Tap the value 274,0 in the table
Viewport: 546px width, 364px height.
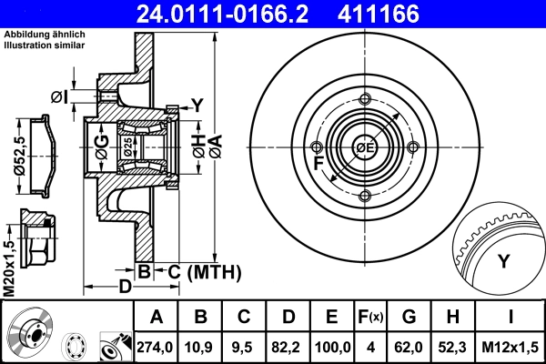pos(156,346)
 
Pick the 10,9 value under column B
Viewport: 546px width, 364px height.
pos(200,346)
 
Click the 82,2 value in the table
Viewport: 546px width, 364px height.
pos(288,346)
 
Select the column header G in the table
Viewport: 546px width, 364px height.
pos(409,318)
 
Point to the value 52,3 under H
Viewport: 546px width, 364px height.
pos(452,346)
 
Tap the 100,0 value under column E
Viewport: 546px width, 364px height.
pos(332,346)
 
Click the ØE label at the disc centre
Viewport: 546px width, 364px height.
pos(365,147)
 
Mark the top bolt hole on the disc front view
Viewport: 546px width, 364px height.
pos(365,100)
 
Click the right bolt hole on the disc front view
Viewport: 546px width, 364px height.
pos(413,147)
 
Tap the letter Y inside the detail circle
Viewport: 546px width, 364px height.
pos(503,262)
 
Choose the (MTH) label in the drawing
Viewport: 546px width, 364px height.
pos(213,271)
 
